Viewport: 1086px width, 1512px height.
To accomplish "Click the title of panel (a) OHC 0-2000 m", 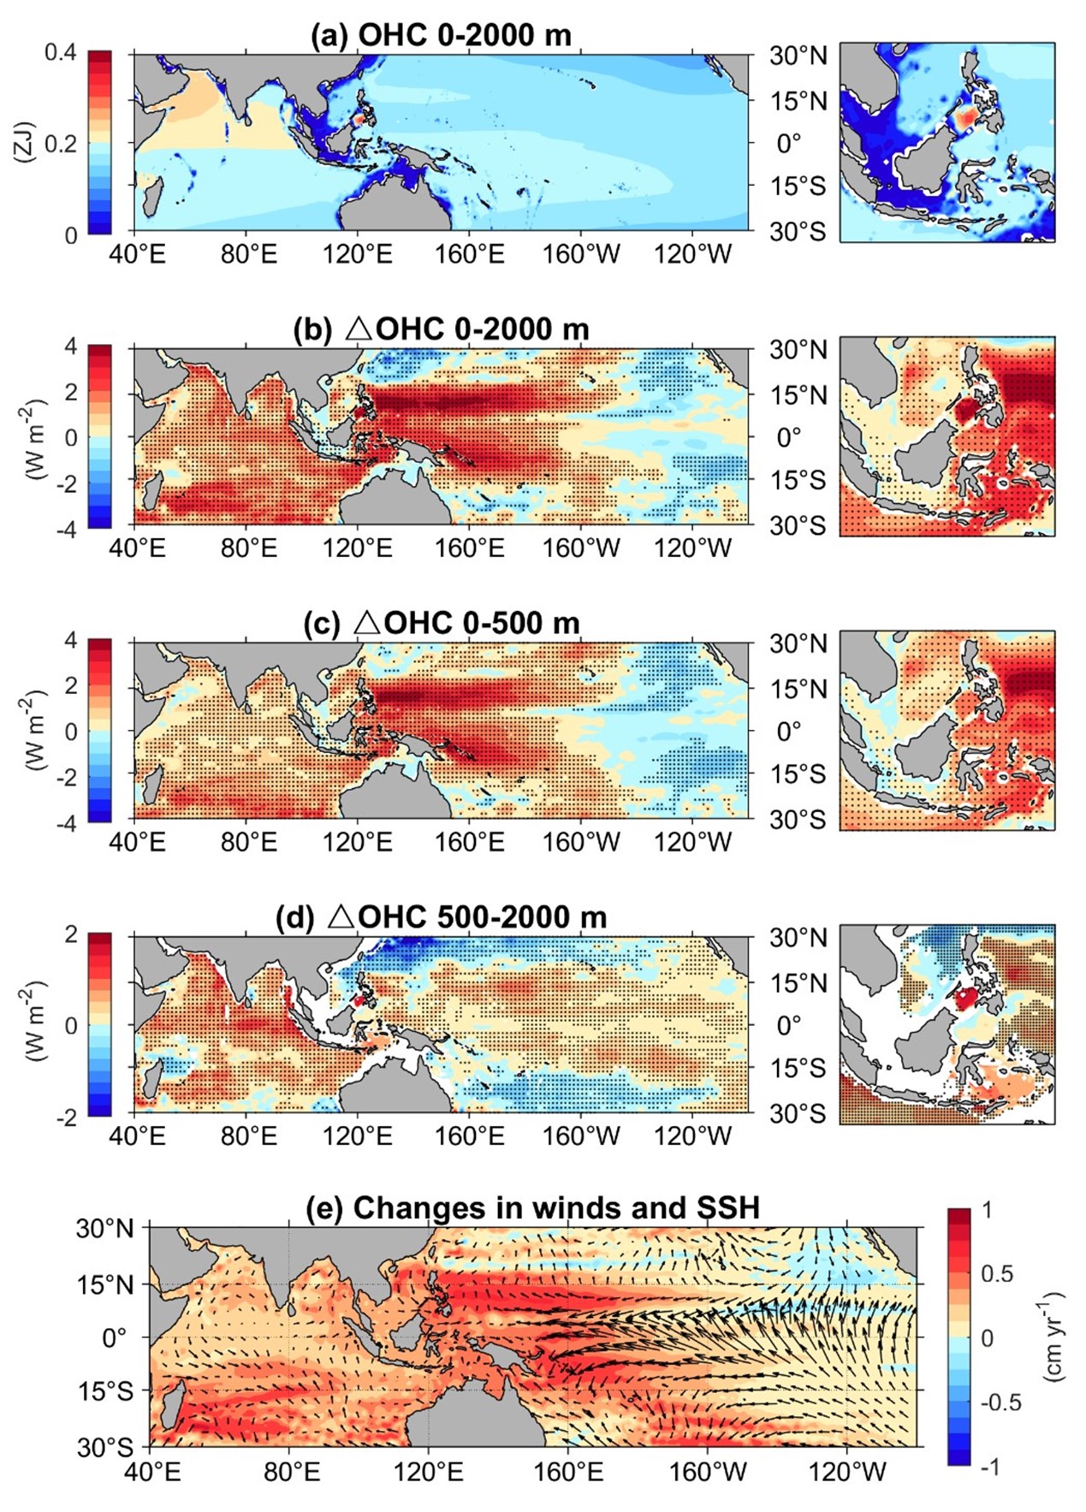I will click(x=441, y=35).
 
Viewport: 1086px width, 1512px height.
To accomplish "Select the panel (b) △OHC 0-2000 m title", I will click(x=441, y=329).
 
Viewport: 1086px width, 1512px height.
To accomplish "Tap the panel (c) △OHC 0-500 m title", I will click(x=441, y=623).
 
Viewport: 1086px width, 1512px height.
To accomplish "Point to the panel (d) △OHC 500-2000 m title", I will click(x=441, y=917).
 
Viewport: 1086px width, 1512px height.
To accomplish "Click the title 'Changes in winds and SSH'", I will click(x=532, y=1207).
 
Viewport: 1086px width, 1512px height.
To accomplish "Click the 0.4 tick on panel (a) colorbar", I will click(x=60, y=53).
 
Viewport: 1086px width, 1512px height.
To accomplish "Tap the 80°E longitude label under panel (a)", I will click(x=248, y=254).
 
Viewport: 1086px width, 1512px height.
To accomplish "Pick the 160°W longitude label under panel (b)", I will click(x=581, y=548).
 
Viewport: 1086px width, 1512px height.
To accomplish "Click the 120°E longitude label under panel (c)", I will click(x=357, y=842).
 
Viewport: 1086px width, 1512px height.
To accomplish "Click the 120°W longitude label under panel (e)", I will click(x=847, y=1473).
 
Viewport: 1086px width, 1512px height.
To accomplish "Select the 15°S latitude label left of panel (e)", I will click(x=106, y=1392).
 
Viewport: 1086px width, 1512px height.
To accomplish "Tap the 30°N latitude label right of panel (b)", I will click(x=798, y=350).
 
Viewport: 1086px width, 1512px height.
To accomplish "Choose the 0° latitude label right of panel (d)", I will click(x=788, y=1025).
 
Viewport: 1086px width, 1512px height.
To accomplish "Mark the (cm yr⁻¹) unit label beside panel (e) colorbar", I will click(x=1053, y=1337).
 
